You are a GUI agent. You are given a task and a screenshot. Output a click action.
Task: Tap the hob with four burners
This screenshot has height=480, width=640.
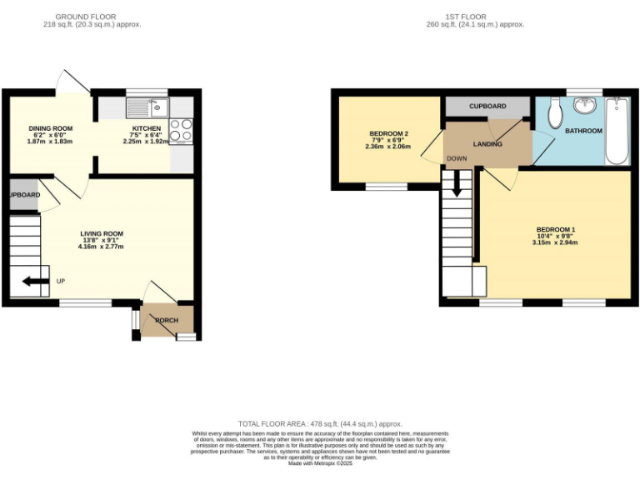(x=181, y=131)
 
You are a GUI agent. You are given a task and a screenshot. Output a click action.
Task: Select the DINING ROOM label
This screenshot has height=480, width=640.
(x=51, y=128)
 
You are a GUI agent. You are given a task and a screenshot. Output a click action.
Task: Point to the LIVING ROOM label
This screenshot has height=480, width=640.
(x=102, y=233)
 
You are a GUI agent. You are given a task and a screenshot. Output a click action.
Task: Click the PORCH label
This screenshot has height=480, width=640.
(x=167, y=320)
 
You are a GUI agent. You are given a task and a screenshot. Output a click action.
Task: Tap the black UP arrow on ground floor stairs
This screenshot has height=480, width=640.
(x=35, y=281)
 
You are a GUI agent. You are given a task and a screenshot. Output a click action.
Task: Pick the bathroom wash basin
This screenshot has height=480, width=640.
(x=587, y=105)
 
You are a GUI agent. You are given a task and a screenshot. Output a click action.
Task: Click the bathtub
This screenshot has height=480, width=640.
(x=617, y=130)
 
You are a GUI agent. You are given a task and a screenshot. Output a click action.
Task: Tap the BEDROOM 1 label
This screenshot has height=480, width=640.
(x=555, y=229)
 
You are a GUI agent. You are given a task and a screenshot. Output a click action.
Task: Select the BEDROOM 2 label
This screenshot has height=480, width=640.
(x=388, y=134)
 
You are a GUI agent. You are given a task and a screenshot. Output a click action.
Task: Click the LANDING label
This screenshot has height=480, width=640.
(x=487, y=144)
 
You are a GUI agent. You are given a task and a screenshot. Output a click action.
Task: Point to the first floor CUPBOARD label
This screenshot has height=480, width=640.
(x=487, y=107)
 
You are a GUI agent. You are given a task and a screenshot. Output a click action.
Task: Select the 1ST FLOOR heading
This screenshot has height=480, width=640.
(x=471, y=17)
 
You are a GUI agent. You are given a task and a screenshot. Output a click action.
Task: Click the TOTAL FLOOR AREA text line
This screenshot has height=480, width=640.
(x=320, y=424)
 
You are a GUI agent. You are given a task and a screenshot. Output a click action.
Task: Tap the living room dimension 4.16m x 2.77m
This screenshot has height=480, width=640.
(x=101, y=247)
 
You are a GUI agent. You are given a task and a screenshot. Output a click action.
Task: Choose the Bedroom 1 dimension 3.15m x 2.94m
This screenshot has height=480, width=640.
(x=555, y=243)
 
